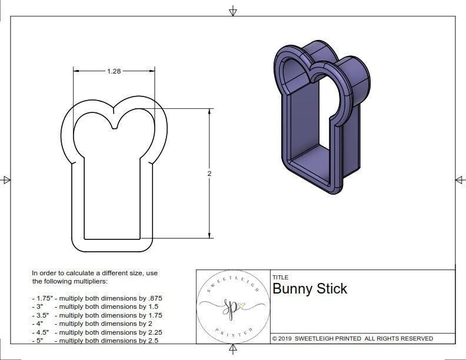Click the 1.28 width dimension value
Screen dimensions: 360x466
click(114, 71)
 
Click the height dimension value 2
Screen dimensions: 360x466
click(209, 174)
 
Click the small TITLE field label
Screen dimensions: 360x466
click(280, 278)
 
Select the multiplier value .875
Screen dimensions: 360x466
click(154, 298)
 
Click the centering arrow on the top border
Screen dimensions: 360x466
click(233, 11)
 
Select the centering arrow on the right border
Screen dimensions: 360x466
click(460, 179)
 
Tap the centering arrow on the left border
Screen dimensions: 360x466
click(6, 179)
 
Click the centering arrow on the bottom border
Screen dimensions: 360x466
click(233, 351)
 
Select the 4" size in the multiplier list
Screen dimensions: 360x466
click(38, 324)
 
